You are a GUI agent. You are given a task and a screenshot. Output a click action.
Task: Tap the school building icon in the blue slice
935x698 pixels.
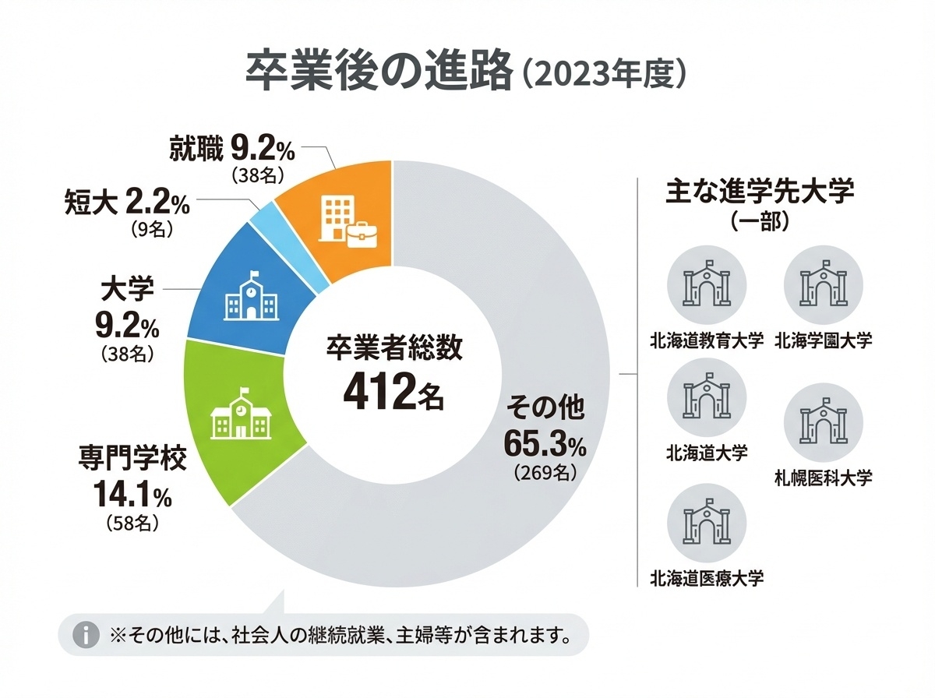coord(250,296)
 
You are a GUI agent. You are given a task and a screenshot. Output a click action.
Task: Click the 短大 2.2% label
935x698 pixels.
coord(126,204)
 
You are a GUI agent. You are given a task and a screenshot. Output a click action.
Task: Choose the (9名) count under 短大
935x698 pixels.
coord(147,231)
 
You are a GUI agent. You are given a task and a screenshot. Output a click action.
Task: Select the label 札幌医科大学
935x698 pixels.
coord(823,477)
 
